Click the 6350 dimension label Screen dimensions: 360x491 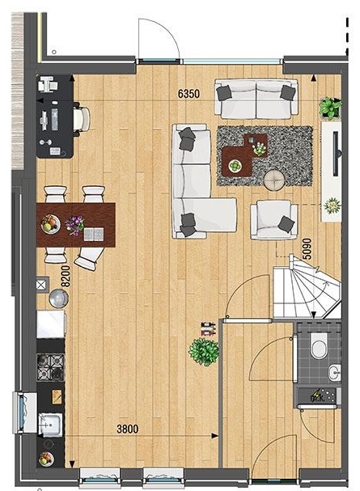[188, 94]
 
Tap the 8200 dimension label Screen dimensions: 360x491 [66, 276]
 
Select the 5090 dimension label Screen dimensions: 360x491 [307, 249]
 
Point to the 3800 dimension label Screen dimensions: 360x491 [127, 429]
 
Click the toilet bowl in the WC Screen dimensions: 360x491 [319, 345]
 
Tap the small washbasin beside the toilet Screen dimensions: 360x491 [334, 373]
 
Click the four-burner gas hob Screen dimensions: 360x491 [50, 367]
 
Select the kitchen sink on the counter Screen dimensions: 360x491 [50, 425]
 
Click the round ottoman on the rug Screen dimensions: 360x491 [274, 180]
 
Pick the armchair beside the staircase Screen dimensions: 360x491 [274, 220]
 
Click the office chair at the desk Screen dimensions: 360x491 [82, 119]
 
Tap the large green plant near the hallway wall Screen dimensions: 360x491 [204, 352]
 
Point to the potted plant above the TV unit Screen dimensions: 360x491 [330, 108]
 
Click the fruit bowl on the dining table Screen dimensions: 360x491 [50, 223]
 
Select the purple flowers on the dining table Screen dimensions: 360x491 [74, 225]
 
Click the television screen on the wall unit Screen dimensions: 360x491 [337, 154]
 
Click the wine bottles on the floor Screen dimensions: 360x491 [209, 328]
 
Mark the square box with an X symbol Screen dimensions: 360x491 [43, 285]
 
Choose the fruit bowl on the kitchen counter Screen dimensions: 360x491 [46, 459]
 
